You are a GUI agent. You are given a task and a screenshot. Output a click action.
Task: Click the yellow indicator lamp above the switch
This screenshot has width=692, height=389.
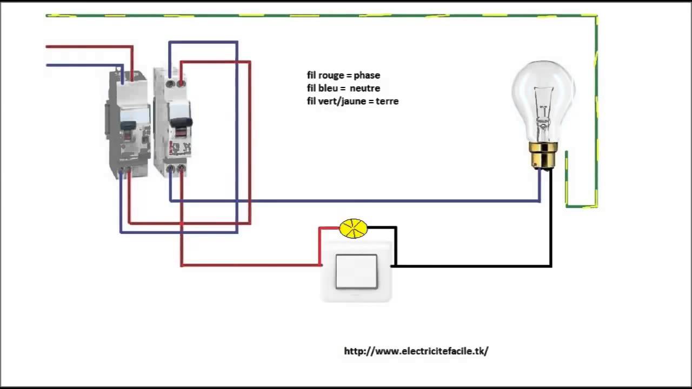353,229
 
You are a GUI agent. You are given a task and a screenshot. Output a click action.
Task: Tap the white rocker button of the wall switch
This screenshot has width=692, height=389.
356,272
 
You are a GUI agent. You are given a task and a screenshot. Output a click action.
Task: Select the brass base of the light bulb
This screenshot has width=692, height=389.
543,155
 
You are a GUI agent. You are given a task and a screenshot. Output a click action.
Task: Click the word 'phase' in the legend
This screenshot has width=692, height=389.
367,76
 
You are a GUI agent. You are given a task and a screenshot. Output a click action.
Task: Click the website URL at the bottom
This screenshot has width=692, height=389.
416,351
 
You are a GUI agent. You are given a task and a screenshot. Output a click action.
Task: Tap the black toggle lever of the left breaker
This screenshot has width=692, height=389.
128,125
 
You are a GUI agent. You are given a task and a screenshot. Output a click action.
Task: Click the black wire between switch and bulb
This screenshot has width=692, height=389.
476,266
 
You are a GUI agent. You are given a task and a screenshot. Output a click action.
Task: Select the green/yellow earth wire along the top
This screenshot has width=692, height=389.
324,16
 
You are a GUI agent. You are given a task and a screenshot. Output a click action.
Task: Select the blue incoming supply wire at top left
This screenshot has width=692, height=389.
81,65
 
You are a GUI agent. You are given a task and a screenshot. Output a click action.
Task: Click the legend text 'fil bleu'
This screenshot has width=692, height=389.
322,88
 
